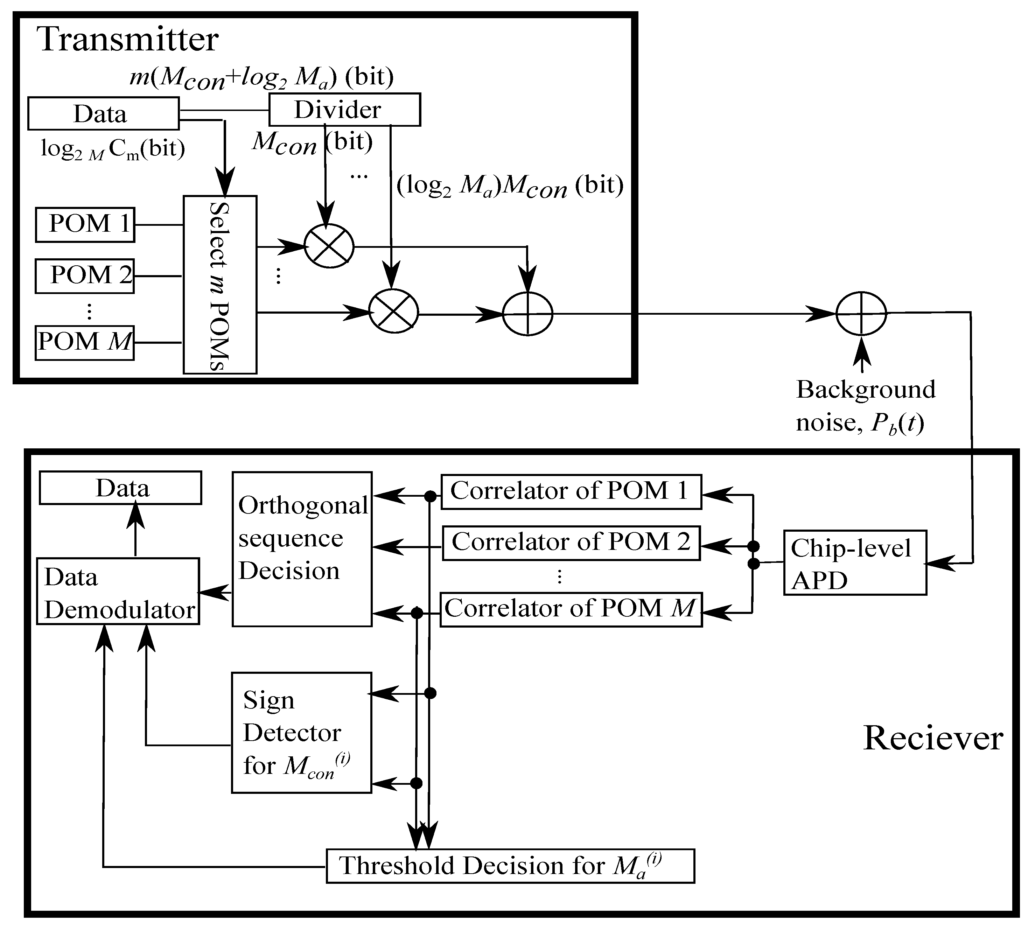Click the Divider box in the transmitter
tap(344, 109)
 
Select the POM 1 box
tap(85, 224)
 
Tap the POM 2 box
tap(85, 276)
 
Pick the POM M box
tap(85, 343)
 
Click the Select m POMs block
tap(220, 285)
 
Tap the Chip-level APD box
tap(855, 562)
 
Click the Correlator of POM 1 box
tap(571, 491)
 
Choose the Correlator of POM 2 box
tap(571, 543)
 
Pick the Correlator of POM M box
tap(571, 609)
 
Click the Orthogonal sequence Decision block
tap(302, 549)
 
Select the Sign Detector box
tap(301, 732)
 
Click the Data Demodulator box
tap(118, 591)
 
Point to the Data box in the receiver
tap(120, 488)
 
